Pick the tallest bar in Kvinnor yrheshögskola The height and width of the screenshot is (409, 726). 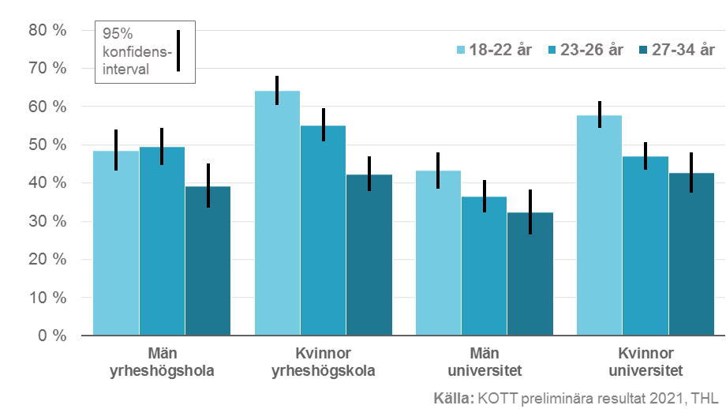pos(277,213)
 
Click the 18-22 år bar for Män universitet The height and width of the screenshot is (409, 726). pos(438,253)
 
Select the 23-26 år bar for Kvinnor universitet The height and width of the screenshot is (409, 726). pos(645,246)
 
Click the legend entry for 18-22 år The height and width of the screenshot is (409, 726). pos(494,51)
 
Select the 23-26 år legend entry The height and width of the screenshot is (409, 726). pos(584,51)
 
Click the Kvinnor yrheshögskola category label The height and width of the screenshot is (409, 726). pos(323,362)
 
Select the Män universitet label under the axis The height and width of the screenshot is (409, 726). pos(484,362)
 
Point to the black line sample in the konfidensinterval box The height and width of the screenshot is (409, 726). pos(178,51)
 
